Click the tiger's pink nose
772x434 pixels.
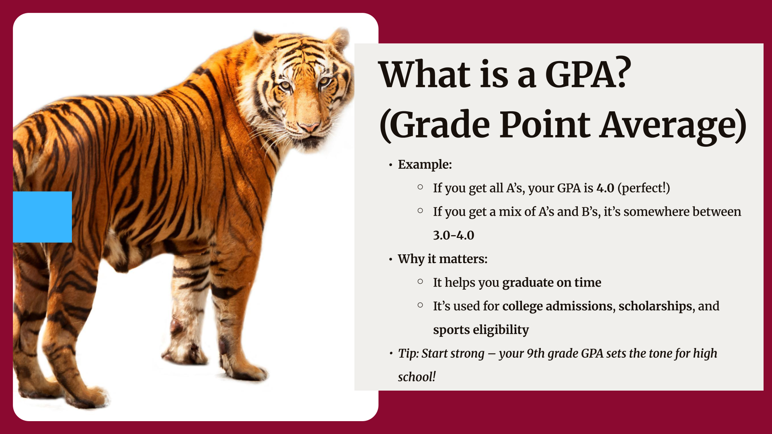pos(309,128)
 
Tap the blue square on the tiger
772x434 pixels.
pos(42,217)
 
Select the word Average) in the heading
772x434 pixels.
pos(674,125)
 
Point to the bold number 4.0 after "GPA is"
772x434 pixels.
pos(605,188)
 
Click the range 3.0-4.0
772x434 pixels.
pos(454,235)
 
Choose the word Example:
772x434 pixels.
pos(425,164)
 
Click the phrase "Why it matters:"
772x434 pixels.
pos(443,259)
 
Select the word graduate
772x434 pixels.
pos(528,283)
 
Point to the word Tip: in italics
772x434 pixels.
pos(408,354)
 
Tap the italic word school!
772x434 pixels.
pos(417,377)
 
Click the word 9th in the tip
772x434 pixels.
pos(536,353)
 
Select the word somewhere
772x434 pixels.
pos(656,212)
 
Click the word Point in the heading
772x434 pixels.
pos(545,125)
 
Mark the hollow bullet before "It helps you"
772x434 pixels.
pos(420,281)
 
